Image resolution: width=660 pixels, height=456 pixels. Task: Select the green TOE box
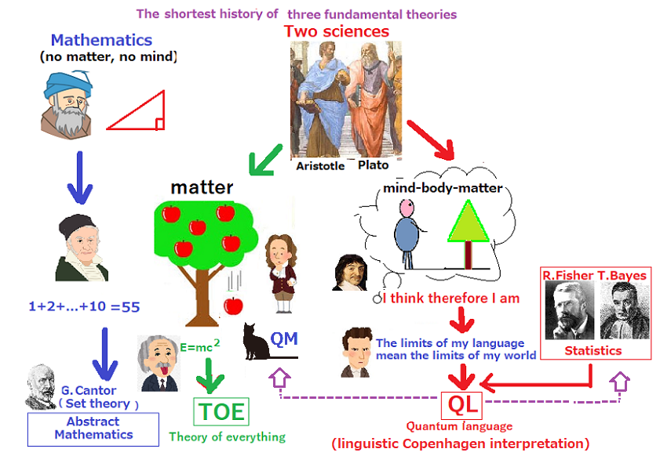[x=221, y=411]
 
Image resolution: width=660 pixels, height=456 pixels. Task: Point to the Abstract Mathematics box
[x=93, y=428]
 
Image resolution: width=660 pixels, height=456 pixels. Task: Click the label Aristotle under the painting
[x=320, y=166]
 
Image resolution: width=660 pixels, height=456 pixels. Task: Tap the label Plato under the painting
[x=373, y=165]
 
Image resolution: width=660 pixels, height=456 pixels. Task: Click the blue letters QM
[x=285, y=338]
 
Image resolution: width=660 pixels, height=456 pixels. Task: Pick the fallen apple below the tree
[x=233, y=305]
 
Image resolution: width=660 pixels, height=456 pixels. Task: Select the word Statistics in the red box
[x=593, y=350]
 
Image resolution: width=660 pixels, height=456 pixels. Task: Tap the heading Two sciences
[x=337, y=31]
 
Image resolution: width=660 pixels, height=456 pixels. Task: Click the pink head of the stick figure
[x=405, y=208]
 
